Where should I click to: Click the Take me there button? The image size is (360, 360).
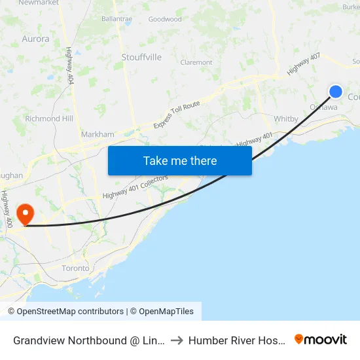[x=180, y=160]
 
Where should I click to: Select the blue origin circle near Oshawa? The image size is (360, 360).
[x=336, y=92]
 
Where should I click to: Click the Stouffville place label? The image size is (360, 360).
[x=141, y=58]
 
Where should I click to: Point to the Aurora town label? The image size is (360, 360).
[x=35, y=39]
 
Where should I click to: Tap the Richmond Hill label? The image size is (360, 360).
[x=49, y=119]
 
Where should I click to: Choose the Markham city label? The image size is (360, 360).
[x=98, y=134]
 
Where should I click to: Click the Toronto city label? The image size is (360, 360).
[x=75, y=268]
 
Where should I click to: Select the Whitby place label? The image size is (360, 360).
[x=287, y=119]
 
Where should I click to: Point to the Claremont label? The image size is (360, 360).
[x=196, y=63]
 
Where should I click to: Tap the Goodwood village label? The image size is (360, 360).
[x=165, y=20]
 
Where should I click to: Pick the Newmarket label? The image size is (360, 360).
[x=39, y=3]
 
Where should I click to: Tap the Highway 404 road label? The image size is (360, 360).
[x=69, y=65]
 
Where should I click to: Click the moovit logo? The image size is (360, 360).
[x=321, y=340]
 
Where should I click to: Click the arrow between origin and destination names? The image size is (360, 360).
[x=177, y=340]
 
